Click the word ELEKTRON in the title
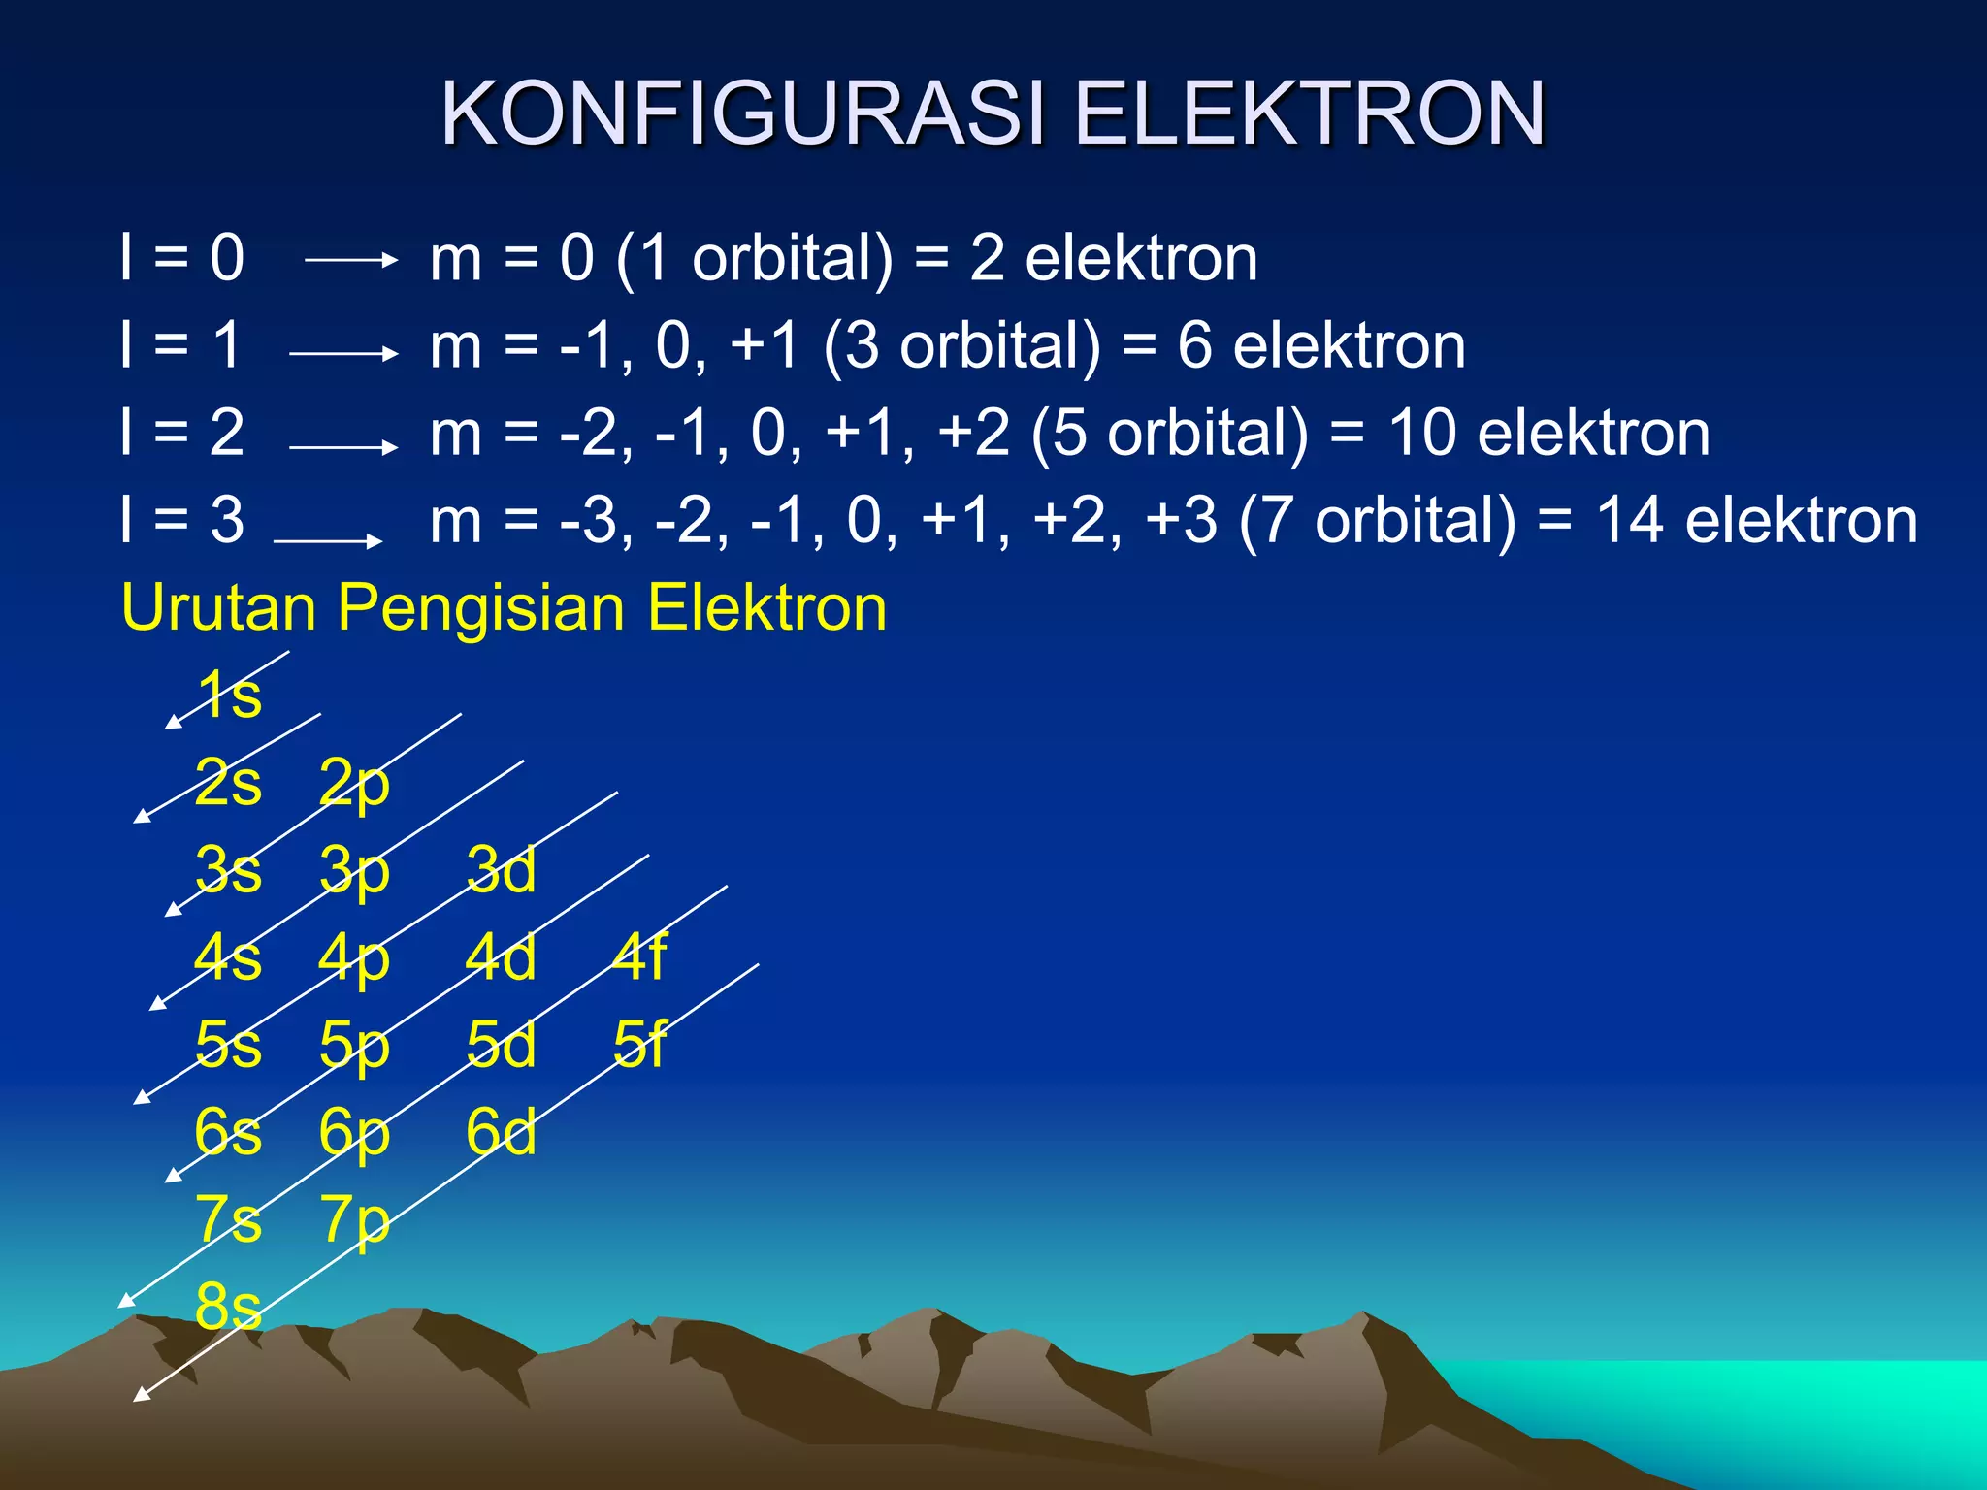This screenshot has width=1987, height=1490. click(x=1310, y=114)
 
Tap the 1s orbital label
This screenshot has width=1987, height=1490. click(x=230, y=695)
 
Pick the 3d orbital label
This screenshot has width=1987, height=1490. click(x=501, y=870)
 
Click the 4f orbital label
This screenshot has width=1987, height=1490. click(x=639, y=957)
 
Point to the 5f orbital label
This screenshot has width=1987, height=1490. click(x=639, y=1045)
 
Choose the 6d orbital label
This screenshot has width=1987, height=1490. click(x=501, y=1132)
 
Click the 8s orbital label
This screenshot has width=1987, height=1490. click(x=228, y=1307)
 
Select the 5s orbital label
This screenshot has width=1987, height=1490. click(x=228, y=1045)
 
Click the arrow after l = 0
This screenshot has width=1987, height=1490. click(x=350, y=260)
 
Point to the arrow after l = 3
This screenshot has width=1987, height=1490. click(x=328, y=540)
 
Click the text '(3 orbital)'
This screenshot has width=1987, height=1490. click(x=961, y=347)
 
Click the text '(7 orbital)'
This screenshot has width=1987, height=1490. click(x=1377, y=523)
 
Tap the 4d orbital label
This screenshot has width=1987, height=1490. click(x=501, y=957)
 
